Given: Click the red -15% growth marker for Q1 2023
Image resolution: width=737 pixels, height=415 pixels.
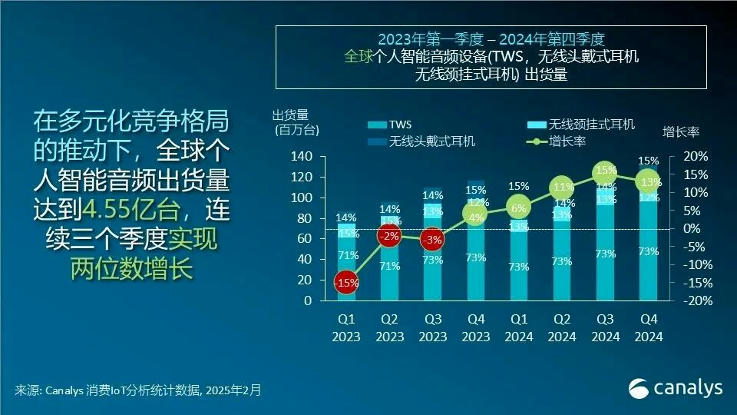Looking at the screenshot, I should pos(346,282).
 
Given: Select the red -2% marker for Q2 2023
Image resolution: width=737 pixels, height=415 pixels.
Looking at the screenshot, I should pos(390,236).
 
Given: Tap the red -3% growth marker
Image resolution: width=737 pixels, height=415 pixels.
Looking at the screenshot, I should pos(433,241).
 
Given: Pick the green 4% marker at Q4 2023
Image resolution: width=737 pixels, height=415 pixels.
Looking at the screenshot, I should pos(475,217).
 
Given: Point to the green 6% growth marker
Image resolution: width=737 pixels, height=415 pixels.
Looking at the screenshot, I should pos(518,207).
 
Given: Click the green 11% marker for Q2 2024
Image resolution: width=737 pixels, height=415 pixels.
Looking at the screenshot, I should pos(561,187).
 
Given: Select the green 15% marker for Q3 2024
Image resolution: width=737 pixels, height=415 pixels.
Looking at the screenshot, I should pos(606,170).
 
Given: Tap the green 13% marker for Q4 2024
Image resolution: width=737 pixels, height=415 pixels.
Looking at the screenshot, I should pos(649,182).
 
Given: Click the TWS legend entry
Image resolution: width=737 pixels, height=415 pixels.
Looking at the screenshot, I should pos(393,124).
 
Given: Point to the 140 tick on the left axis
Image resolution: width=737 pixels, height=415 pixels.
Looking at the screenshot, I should pos(301,156).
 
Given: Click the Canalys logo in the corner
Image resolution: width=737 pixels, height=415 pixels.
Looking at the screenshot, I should pos(675,388).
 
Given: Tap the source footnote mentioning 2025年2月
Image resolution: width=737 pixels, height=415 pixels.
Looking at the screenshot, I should pos(138,390).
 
